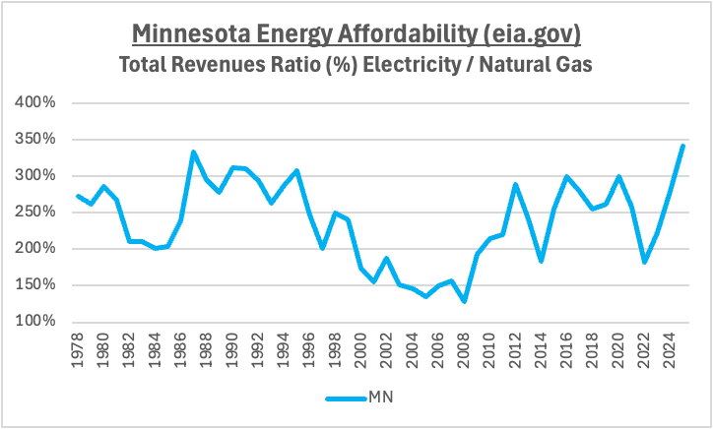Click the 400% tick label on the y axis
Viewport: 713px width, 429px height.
35,101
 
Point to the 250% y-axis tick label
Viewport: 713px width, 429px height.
35,212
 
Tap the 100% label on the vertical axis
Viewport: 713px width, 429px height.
35,321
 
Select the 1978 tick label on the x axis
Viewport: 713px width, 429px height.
77,350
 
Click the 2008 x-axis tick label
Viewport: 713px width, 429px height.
464,350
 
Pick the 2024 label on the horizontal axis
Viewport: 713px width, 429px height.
670,350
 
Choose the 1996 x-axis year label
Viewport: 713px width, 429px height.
309,350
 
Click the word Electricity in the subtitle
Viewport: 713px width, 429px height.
412,65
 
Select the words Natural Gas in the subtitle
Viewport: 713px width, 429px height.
536,64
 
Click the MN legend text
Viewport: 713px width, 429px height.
381,398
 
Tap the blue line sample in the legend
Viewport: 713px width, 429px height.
347,399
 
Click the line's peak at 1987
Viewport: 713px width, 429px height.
193,152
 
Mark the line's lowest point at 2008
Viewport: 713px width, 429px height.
464,301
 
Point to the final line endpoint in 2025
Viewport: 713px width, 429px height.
683,146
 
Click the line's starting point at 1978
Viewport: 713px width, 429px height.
78,196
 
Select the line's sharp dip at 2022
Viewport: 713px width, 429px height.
644,262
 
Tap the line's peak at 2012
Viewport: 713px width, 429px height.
515,185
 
